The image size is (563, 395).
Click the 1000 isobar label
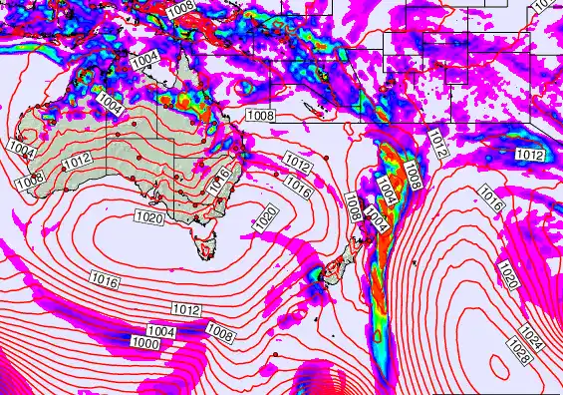tap(144, 342)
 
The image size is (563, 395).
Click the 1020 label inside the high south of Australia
tap(147, 215)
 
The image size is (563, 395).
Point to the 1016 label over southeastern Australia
tap(220, 179)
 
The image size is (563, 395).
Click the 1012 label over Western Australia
tap(77, 162)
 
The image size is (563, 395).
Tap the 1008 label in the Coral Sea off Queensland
tap(260, 116)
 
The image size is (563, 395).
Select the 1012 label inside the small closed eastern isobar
tap(530, 155)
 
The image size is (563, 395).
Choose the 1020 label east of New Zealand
tap(508, 272)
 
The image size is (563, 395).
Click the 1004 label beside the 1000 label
tap(160, 331)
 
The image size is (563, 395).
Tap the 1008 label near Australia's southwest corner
tap(29, 180)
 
